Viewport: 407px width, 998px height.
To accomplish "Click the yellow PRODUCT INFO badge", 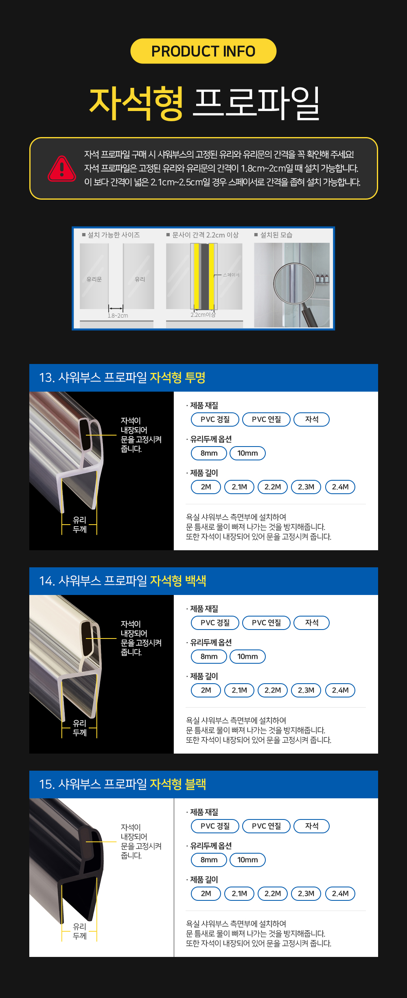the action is (x=203, y=51).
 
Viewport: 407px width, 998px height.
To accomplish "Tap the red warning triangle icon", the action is (x=62, y=168).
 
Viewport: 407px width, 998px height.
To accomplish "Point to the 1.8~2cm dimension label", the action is (x=118, y=316).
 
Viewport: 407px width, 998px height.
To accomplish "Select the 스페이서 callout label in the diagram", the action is (x=231, y=275).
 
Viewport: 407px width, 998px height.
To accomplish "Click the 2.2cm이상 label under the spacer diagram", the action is (x=203, y=315).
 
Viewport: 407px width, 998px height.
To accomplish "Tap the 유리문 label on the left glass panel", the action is (x=94, y=279).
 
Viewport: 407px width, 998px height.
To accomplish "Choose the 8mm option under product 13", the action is (x=209, y=453).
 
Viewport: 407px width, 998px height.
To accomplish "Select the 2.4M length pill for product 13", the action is (x=340, y=487).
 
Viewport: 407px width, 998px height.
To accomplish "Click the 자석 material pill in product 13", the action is (x=312, y=419).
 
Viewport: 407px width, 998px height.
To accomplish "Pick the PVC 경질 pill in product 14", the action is (x=215, y=623).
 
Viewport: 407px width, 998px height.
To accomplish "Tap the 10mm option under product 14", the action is (x=247, y=656).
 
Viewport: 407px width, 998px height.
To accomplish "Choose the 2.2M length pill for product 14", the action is (x=273, y=690).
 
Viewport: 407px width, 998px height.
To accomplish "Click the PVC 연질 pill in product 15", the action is (x=267, y=826).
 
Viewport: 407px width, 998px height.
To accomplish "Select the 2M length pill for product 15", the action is (x=206, y=893).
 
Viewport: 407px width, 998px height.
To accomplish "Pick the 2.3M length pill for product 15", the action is (x=306, y=893).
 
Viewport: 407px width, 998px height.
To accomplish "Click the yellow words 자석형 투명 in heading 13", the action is (x=177, y=377).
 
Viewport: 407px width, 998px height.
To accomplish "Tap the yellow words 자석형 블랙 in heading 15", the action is (x=178, y=784).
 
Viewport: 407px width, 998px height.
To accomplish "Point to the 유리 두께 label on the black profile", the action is (x=80, y=931).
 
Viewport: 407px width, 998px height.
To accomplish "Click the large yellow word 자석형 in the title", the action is (x=137, y=103).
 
